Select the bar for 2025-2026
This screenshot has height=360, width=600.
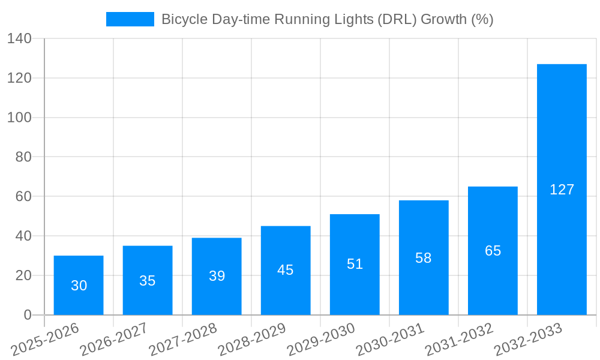pos(79,286)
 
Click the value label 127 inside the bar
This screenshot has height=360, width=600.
pos(562,190)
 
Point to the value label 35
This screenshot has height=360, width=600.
pos(148,281)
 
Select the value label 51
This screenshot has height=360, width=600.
pos(355,264)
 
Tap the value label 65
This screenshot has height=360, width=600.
pos(493,251)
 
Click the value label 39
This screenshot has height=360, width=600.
pos(217,276)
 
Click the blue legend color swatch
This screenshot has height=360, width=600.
pos(130,19)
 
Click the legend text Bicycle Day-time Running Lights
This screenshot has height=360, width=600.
pos(327,19)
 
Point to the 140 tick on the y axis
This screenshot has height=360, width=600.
pos(19,39)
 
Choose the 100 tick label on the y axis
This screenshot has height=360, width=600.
pos(19,118)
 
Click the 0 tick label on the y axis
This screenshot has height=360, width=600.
pos(27,315)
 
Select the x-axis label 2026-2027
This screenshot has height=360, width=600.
pos(115,339)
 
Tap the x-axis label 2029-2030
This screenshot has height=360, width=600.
pos(322,339)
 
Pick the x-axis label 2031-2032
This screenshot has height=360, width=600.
pos(460,339)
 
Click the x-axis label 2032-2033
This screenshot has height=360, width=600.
pos(529,339)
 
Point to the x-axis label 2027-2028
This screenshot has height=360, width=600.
pos(184,339)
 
